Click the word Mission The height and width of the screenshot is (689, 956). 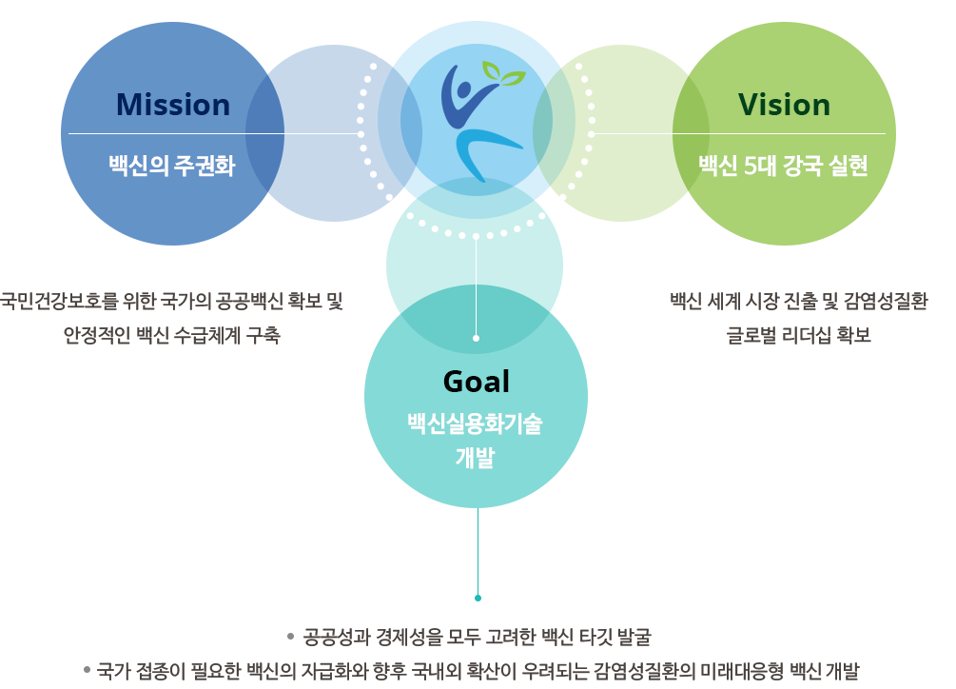[173, 104]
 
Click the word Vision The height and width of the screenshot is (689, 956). [784, 104]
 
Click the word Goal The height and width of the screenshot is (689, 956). [476, 381]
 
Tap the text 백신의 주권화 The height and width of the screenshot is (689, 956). [171, 167]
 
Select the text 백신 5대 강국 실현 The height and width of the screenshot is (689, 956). [783, 167]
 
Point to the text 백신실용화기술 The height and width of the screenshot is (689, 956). [475, 425]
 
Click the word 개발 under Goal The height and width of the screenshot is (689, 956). [475, 459]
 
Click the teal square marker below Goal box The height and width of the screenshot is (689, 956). [478, 598]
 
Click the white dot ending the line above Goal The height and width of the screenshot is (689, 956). [476, 338]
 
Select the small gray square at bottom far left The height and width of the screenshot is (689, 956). [87, 669]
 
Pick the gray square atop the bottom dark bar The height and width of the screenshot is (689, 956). [290, 636]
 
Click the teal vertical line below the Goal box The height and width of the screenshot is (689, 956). [478, 552]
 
